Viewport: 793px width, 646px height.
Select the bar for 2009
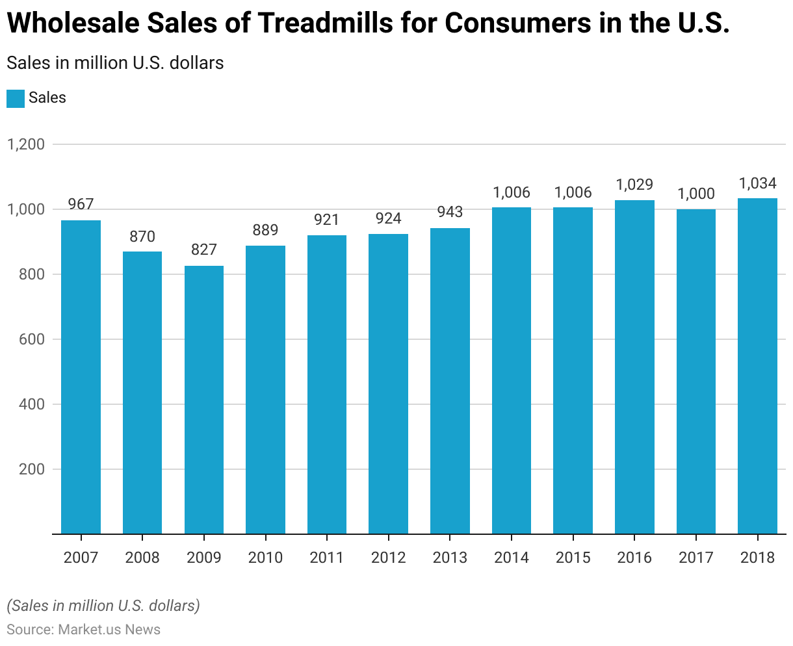pyautogui.click(x=204, y=400)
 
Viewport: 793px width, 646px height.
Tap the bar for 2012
pyautogui.click(x=388, y=383)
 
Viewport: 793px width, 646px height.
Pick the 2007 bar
pyautogui.click(x=81, y=377)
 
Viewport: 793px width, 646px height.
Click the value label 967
pyautogui.click(x=81, y=204)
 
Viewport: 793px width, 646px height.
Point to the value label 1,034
pyautogui.click(x=757, y=183)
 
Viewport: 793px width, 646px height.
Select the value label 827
pyautogui.click(x=204, y=250)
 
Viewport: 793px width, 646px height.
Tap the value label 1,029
pyautogui.click(x=634, y=185)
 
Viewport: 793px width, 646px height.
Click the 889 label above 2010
pyautogui.click(x=265, y=230)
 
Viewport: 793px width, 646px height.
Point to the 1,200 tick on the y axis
pyautogui.click(x=26, y=144)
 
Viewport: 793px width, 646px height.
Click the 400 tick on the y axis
pyautogui.click(x=31, y=404)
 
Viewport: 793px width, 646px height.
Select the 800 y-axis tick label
pyautogui.click(x=31, y=274)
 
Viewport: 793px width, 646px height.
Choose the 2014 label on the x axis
pyautogui.click(x=512, y=558)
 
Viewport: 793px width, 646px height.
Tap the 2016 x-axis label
pyautogui.click(x=634, y=558)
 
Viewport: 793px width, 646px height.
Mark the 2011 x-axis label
pyautogui.click(x=327, y=558)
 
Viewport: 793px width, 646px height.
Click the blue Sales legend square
pyautogui.click(x=16, y=98)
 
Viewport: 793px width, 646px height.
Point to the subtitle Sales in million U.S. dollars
pyautogui.click(x=115, y=63)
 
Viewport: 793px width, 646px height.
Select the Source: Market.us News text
pyautogui.click(x=83, y=629)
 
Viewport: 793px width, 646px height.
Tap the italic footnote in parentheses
pyautogui.click(x=103, y=606)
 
